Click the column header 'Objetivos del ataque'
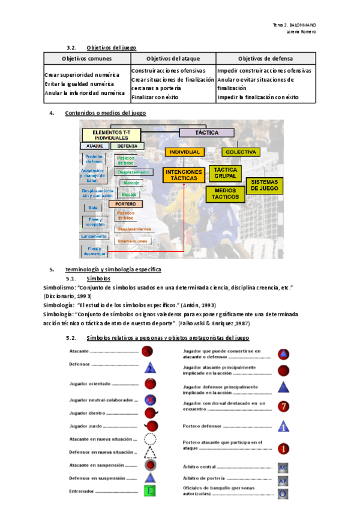tap(172, 58)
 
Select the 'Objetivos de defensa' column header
tap(263, 58)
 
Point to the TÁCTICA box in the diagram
tap(206, 133)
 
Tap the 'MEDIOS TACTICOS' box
tap(225, 193)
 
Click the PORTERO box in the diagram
tap(125, 203)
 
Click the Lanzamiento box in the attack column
tap(94, 236)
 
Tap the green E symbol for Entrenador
tap(150, 492)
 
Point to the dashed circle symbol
tap(150, 439)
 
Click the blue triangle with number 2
tap(150, 367)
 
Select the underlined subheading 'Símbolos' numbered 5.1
tap(98, 279)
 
